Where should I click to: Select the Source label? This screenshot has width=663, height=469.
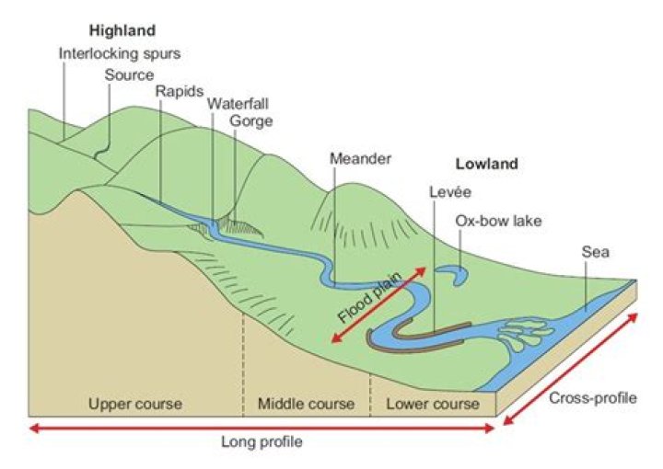[129, 74]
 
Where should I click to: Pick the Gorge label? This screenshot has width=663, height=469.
[251, 120]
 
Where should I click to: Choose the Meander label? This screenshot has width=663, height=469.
[360, 158]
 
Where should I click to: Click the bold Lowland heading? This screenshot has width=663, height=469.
[487, 166]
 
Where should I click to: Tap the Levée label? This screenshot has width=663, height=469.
[450, 192]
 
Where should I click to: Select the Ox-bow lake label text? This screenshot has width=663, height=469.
[498, 221]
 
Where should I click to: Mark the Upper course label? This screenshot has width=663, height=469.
[135, 404]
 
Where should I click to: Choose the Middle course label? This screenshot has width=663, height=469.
[306, 404]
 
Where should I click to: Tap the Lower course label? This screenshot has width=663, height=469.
[432, 404]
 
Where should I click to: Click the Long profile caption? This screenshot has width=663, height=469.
[262, 441]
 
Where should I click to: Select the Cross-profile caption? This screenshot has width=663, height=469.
[592, 399]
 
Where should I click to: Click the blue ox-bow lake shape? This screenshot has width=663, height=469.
[453, 273]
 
